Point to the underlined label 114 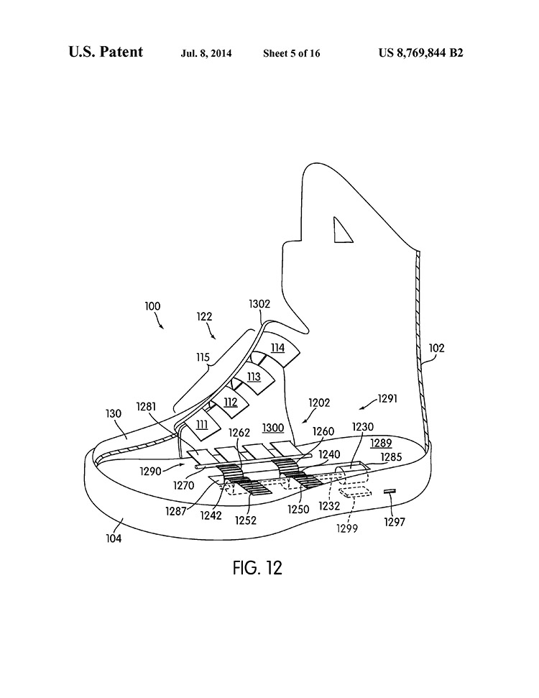[277, 348]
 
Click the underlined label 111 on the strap [203, 425]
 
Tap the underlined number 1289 [381, 444]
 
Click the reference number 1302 [259, 304]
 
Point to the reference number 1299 [347, 528]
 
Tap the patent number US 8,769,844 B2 [421, 52]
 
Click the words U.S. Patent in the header [106, 52]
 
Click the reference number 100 [152, 306]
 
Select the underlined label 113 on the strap [254, 376]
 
